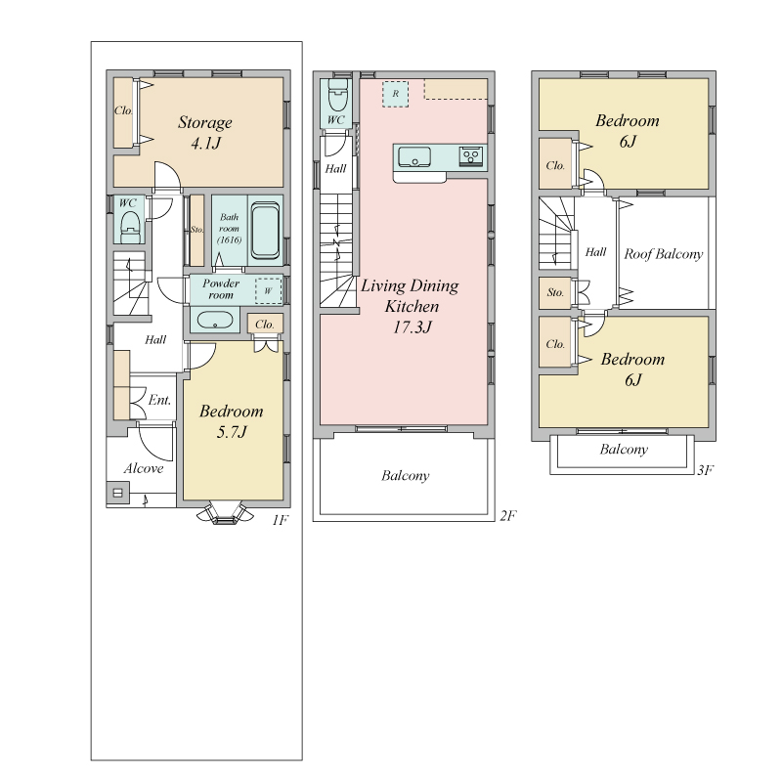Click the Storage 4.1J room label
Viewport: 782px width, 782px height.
tap(205, 133)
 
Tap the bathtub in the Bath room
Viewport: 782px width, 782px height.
tap(265, 231)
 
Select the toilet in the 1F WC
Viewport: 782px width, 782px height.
tap(131, 226)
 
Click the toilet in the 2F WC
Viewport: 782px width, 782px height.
tap(337, 95)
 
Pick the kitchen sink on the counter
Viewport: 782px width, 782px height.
tap(413, 156)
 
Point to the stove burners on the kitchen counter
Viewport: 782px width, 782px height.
tap(471, 155)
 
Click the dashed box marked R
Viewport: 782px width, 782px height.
tap(396, 94)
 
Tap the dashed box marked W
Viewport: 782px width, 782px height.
tap(268, 290)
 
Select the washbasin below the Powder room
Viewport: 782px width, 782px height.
tap(215, 320)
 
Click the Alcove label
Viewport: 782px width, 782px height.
tap(144, 468)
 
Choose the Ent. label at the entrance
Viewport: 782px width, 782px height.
tap(159, 400)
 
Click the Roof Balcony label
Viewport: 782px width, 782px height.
tap(664, 254)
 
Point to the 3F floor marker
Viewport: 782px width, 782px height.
tap(706, 470)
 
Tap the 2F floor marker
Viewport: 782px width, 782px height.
tap(508, 515)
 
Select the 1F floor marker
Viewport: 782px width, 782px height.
tap(281, 520)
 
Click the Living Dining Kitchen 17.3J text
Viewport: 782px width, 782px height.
tap(410, 306)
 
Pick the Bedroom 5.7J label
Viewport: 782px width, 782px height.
tap(232, 421)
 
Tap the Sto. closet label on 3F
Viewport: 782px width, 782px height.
tap(555, 292)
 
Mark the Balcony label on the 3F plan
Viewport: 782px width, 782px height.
tap(624, 450)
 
